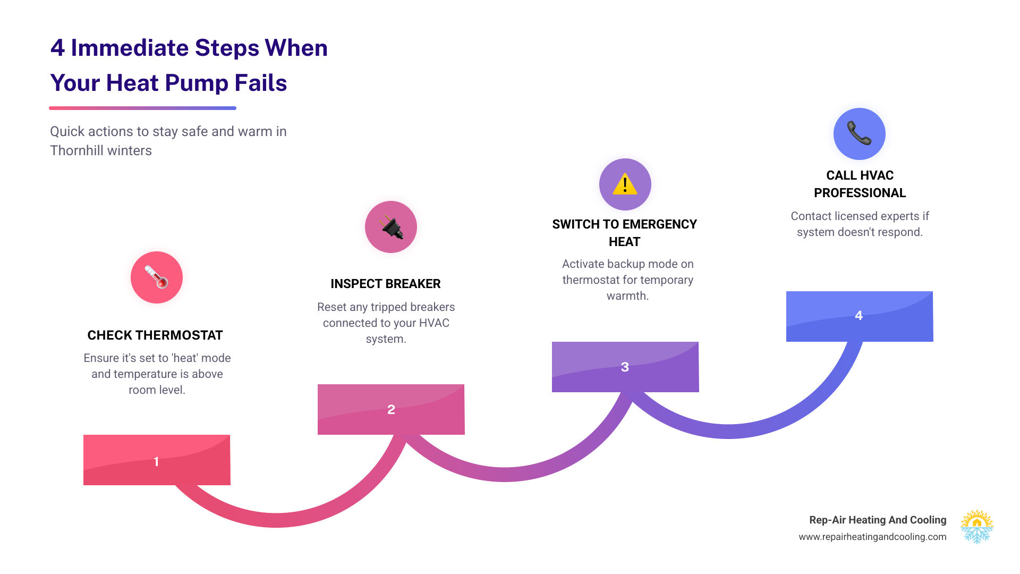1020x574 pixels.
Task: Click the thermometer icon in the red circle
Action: pyautogui.click(x=157, y=277)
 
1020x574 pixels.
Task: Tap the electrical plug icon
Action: pyautogui.click(x=391, y=227)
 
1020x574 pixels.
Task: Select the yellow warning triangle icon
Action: pyautogui.click(x=625, y=184)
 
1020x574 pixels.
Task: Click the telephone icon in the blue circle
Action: pyautogui.click(x=859, y=133)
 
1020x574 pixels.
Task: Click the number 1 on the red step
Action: pyautogui.click(x=156, y=461)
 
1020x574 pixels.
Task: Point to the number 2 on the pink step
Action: pyautogui.click(x=391, y=409)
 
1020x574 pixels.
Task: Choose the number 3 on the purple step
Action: pyautogui.click(x=625, y=367)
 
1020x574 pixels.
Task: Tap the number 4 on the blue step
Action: pyautogui.click(x=858, y=315)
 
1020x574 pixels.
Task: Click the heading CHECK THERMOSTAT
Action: pyautogui.click(x=155, y=335)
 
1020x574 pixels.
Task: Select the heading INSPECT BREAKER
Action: pyautogui.click(x=386, y=284)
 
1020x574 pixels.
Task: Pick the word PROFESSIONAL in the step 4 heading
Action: pyautogui.click(x=860, y=193)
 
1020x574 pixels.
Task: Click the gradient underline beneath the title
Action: pyautogui.click(x=142, y=108)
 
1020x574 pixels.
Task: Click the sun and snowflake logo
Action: pyautogui.click(x=976, y=527)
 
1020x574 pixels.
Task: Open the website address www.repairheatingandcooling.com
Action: pyautogui.click(x=872, y=537)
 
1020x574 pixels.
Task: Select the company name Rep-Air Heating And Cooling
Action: pyautogui.click(x=878, y=520)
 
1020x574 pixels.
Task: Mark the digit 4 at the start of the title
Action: pyautogui.click(x=57, y=48)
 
